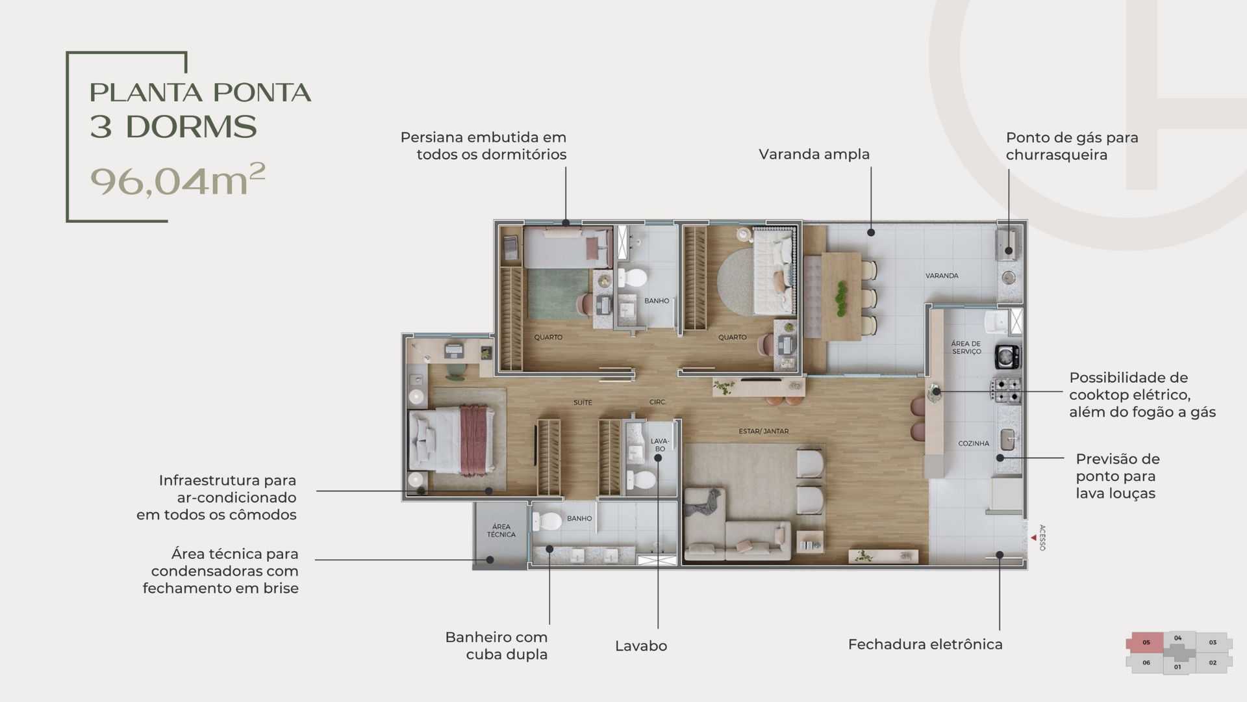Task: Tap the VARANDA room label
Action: click(942, 276)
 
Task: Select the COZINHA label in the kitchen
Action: click(974, 443)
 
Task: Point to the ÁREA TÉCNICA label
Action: click(501, 530)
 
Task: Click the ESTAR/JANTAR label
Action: click(763, 431)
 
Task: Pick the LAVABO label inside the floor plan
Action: click(659, 445)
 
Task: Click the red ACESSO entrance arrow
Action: click(1033, 538)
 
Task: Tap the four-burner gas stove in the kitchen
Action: click(1005, 390)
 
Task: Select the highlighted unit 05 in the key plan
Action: click(1146, 642)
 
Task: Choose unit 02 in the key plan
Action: click(1213, 662)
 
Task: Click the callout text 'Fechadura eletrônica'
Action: click(925, 644)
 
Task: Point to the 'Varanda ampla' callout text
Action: click(814, 154)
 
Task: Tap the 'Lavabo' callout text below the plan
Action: click(640, 646)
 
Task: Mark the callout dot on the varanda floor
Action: click(871, 233)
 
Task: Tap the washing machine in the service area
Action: click(1007, 356)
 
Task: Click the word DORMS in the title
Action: click(191, 127)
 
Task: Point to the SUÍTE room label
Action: click(583, 402)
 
